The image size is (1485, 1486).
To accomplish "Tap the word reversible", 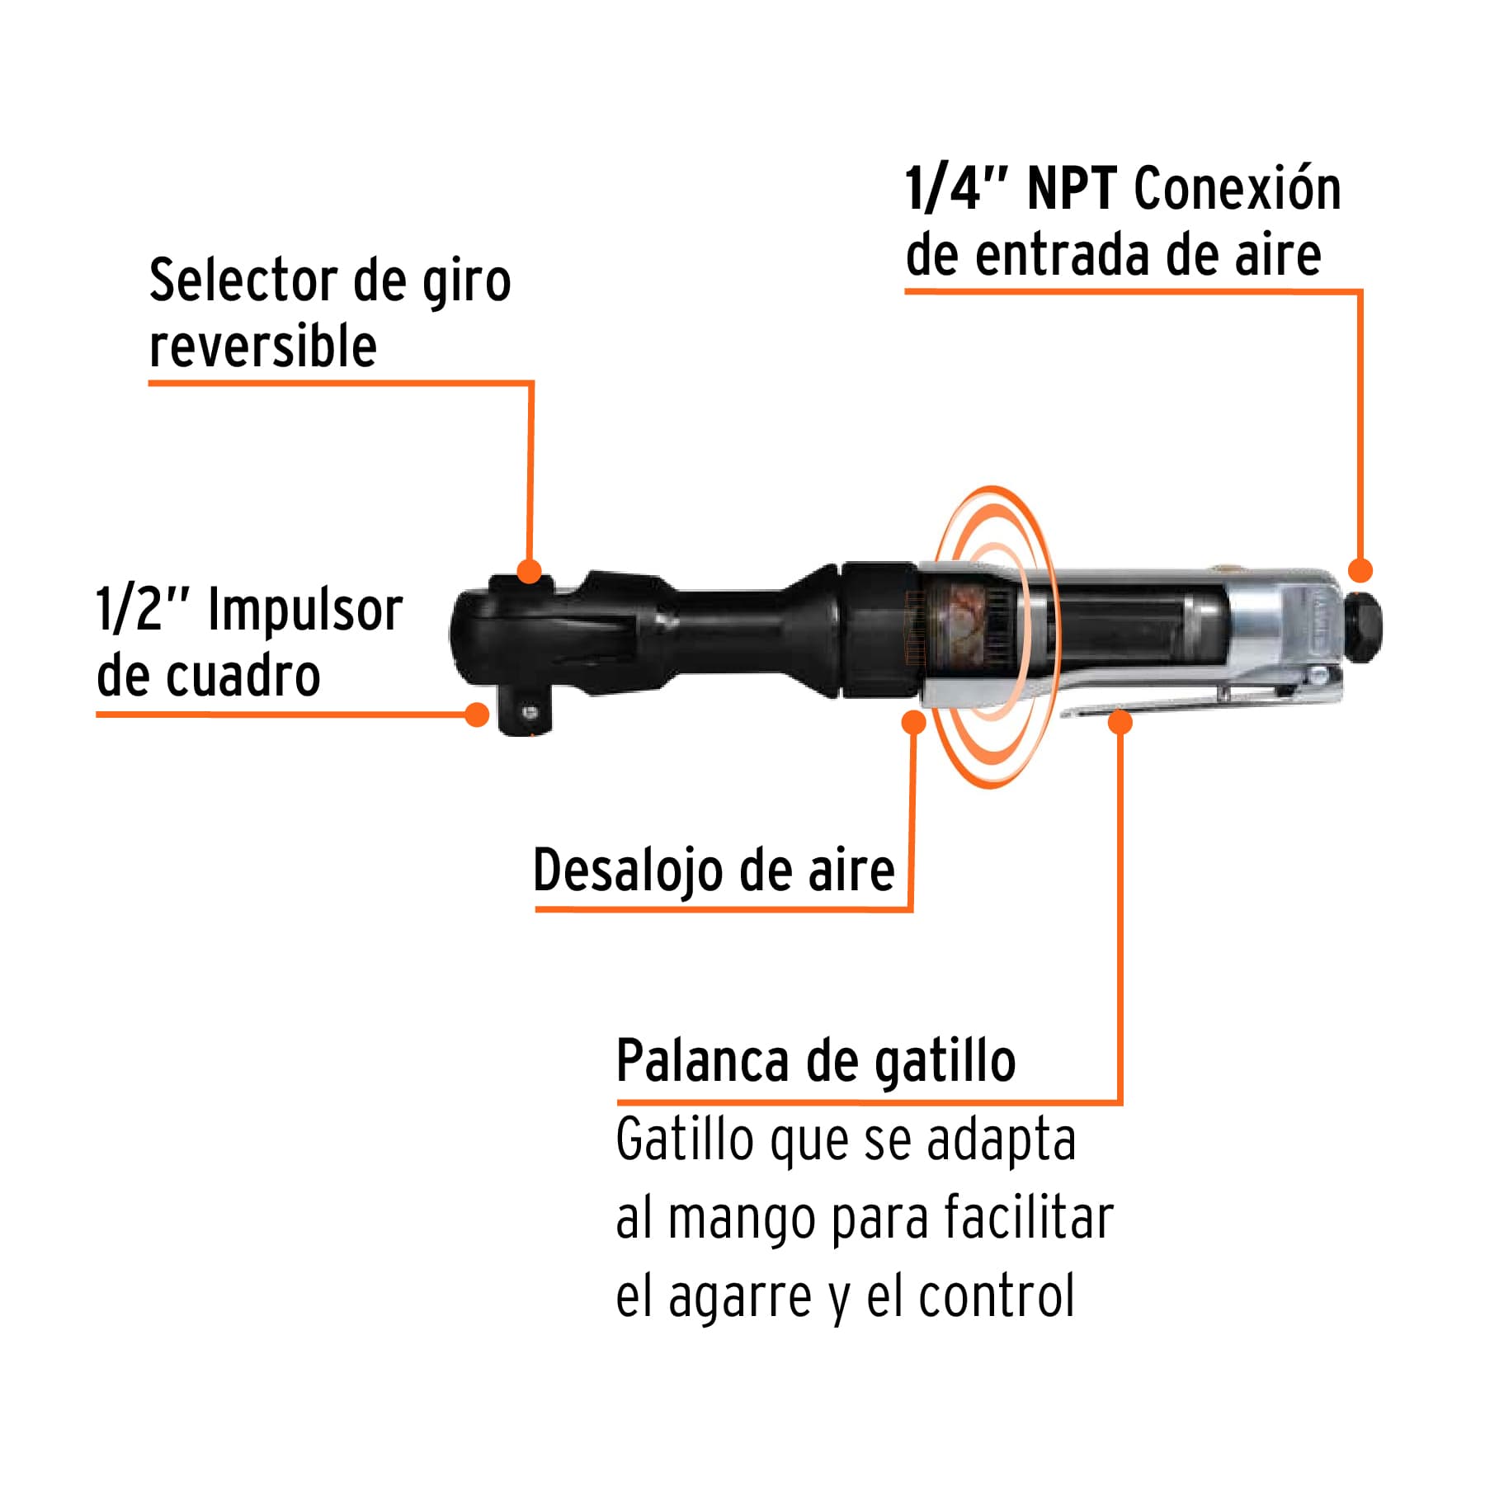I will point(262,347).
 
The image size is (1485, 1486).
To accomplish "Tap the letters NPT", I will point(1072,190).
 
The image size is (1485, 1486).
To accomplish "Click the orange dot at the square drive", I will point(477,714).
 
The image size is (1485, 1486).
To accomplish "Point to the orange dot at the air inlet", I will point(1360,570).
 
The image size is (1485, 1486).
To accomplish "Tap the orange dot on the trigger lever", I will point(1120,722).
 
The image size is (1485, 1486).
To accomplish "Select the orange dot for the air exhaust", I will point(913,722).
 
